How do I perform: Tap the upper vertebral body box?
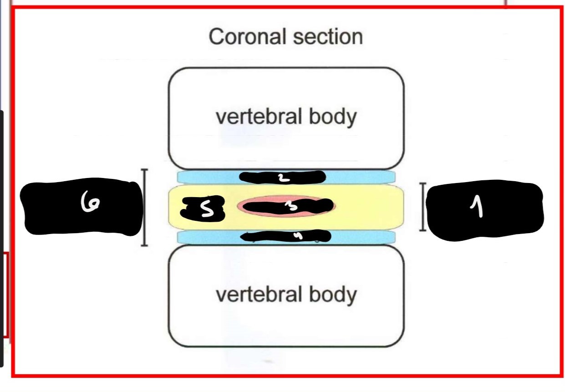286,91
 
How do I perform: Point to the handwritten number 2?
283,178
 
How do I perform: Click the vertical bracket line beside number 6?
144,207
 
